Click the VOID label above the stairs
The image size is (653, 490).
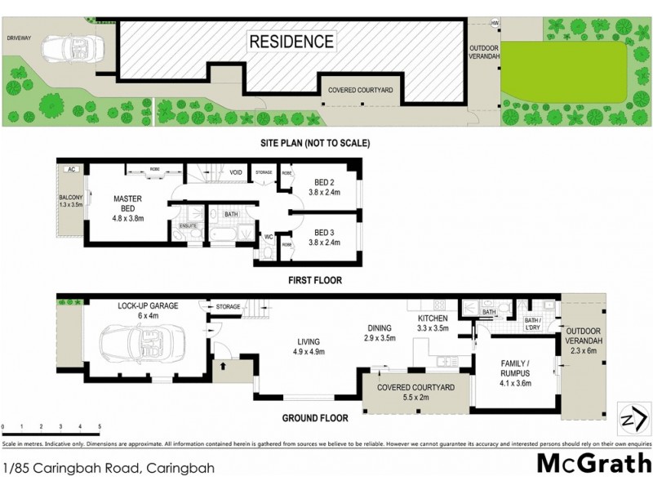235,172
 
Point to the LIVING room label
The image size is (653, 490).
309,346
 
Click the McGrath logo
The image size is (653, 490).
592,464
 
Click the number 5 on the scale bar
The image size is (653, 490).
100,426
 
